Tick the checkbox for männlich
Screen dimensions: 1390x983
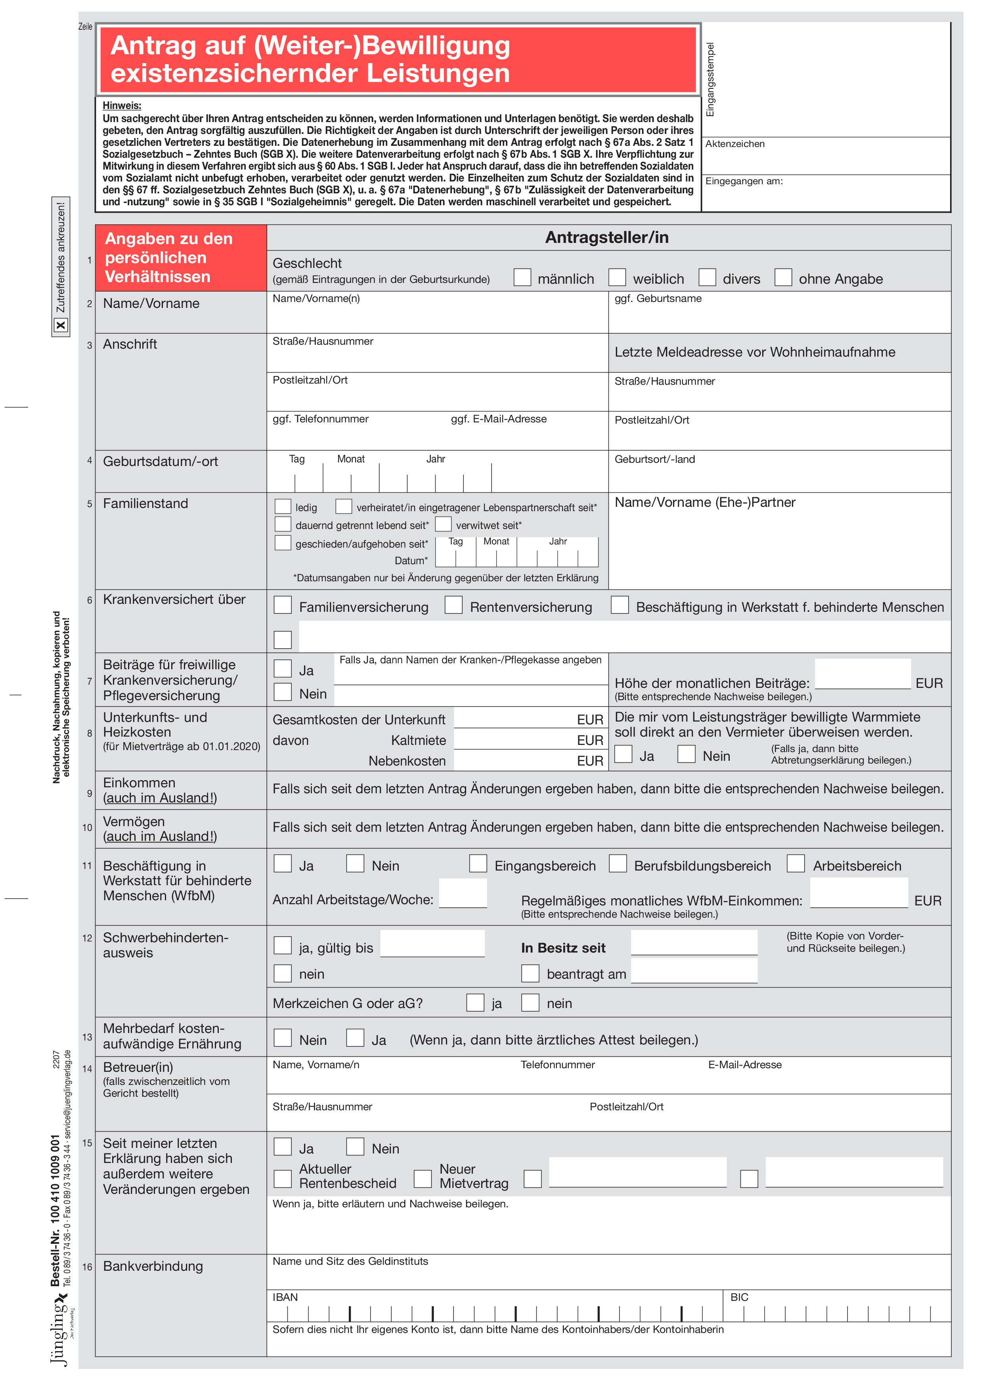point(522,277)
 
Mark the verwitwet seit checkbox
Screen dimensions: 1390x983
point(444,524)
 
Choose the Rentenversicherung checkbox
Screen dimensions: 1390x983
point(453,605)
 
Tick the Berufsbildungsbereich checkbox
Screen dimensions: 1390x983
point(618,863)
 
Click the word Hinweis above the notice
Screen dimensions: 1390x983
point(122,106)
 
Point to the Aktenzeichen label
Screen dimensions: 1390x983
point(735,144)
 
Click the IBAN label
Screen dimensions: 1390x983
point(285,1297)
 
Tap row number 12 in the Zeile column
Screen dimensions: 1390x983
point(87,938)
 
